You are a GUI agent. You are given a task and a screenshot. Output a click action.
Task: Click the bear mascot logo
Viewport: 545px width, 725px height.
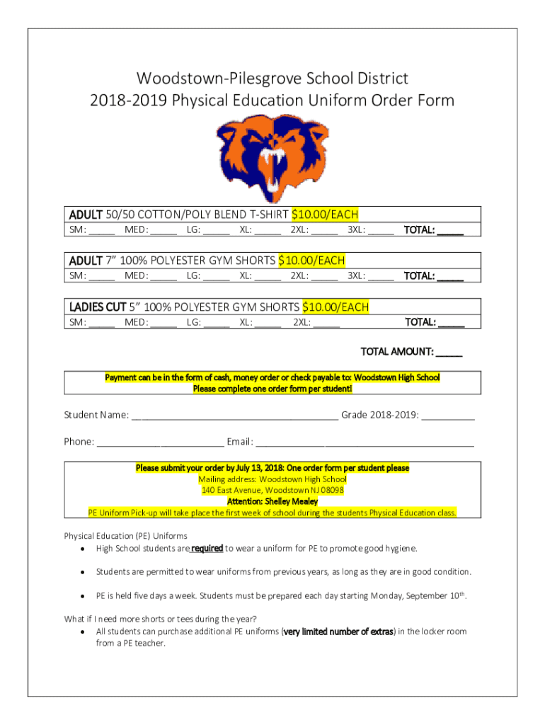coord(272,159)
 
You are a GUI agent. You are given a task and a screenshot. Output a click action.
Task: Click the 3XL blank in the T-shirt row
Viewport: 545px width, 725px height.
coord(381,230)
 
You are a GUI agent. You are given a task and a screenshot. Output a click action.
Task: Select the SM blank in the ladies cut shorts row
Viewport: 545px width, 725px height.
coord(102,323)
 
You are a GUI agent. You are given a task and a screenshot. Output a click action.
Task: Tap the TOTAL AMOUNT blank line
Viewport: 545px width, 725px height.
coord(449,352)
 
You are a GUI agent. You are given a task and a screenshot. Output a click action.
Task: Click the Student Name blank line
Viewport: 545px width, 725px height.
coord(234,416)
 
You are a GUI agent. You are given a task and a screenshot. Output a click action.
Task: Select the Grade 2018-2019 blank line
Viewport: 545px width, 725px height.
coord(448,416)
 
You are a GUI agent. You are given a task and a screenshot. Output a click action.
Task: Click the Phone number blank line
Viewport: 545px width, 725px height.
coord(160,443)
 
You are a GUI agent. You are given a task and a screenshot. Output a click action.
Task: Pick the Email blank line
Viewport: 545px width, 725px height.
coord(365,443)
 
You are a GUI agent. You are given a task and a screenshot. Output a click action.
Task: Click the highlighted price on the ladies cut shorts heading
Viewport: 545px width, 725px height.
coord(335,307)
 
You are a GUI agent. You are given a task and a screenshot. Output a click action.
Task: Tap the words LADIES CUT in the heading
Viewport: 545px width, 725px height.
coord(97,307)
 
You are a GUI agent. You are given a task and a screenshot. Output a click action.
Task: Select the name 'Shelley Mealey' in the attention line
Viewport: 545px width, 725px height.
coord(292,501)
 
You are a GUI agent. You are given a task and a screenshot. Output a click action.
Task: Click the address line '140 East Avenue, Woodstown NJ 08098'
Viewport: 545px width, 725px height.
coord(272,490)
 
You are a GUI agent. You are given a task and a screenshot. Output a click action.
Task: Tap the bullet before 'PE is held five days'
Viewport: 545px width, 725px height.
coord(84,597)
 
